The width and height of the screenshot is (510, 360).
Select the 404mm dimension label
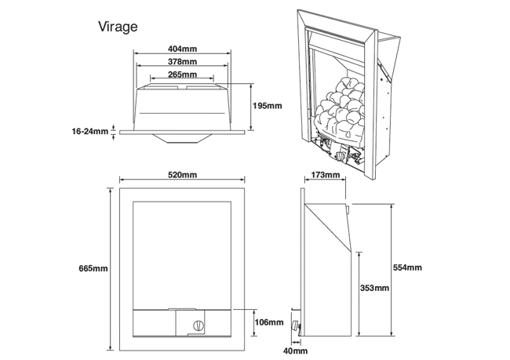coord(183,49)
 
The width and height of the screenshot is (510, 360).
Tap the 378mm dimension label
coord(183,62)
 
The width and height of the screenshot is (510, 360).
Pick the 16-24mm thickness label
coord(90,131)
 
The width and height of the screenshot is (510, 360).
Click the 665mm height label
coord(93,269)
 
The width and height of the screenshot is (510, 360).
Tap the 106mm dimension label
coord(268,322)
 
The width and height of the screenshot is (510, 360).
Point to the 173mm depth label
coord(324,175)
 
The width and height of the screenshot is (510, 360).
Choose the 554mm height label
coord(407,267)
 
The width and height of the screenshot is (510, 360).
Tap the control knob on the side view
coord(297,326)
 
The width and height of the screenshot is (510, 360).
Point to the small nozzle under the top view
coord(183,138)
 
